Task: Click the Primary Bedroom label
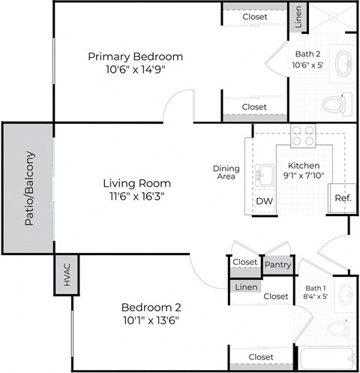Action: tap(136, 57)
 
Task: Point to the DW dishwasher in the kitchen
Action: tap(264, 201)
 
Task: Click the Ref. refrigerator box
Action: tap(342, 198)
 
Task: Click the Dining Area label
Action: tap(226, 173)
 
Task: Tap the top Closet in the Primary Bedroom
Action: tap(254, 17)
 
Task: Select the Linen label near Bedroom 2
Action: tap(244, 287)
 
